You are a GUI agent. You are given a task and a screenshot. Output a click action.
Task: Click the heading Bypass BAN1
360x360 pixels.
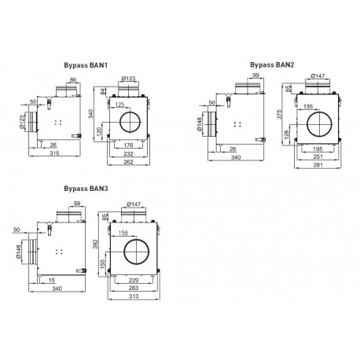pos(86,65)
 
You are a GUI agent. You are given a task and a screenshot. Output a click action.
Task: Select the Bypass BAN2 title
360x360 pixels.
pos(272,64)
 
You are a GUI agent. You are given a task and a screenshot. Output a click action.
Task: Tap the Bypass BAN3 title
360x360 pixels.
pos(86,189)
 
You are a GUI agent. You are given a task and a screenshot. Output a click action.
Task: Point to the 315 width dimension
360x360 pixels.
pos(54,153)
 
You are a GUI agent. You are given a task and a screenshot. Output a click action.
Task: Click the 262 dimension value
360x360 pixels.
pos(128,162)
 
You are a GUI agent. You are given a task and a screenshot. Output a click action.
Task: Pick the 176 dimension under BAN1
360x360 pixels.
pos(128,145)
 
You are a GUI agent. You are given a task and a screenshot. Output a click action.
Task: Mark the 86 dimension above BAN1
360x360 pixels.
pos(73,79)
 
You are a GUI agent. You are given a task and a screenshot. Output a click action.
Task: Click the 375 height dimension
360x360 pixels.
pos(279,114)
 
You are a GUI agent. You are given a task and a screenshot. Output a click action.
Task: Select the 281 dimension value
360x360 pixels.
pos(318,165)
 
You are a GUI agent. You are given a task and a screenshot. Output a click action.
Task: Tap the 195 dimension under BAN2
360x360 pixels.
pos(318,149)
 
